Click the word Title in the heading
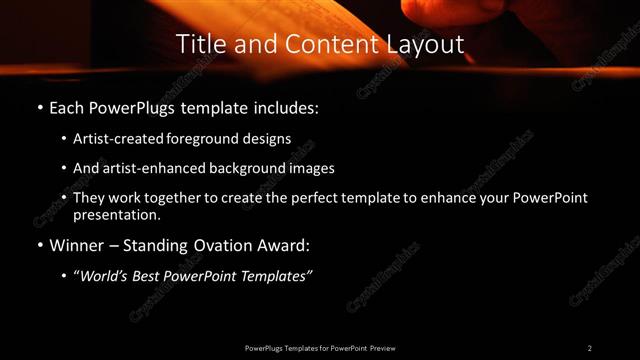(198, 45)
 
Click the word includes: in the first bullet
(291, 106)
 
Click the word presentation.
(117, 214)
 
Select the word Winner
(75, 243)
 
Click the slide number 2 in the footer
(590, 347)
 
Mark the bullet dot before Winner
(39, 243)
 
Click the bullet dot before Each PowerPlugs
(39, 106)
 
